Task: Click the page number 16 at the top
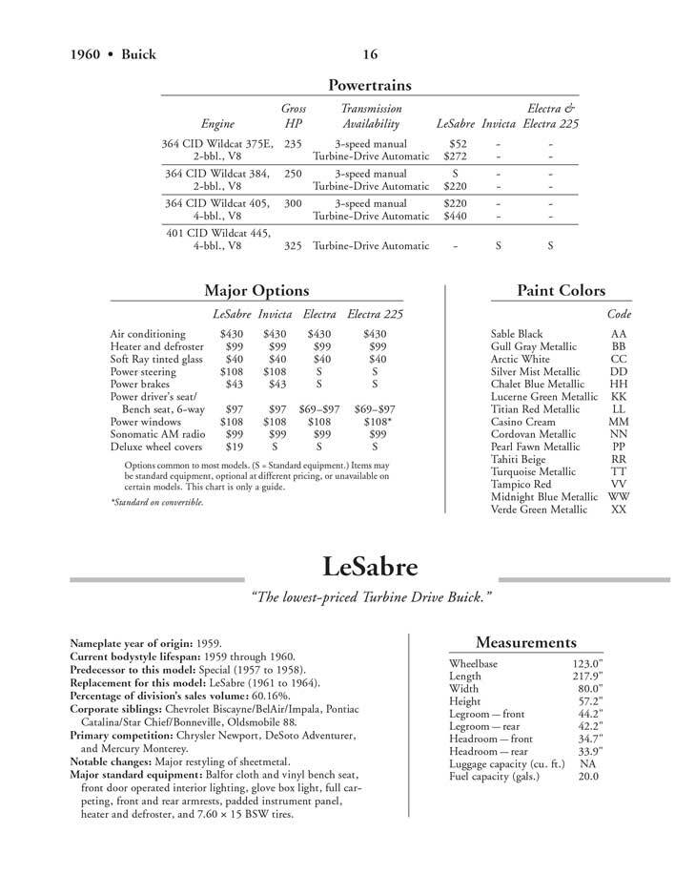371,53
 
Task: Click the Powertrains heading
369,85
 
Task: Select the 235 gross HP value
294,142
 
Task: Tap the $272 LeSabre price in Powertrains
458,156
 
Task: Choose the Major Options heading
256,290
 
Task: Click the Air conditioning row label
150,333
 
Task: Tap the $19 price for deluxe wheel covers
232,446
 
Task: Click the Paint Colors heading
561,290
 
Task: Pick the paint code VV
619,484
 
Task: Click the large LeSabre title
370,569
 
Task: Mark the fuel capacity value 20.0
587,777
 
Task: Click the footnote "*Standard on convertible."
156,503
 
